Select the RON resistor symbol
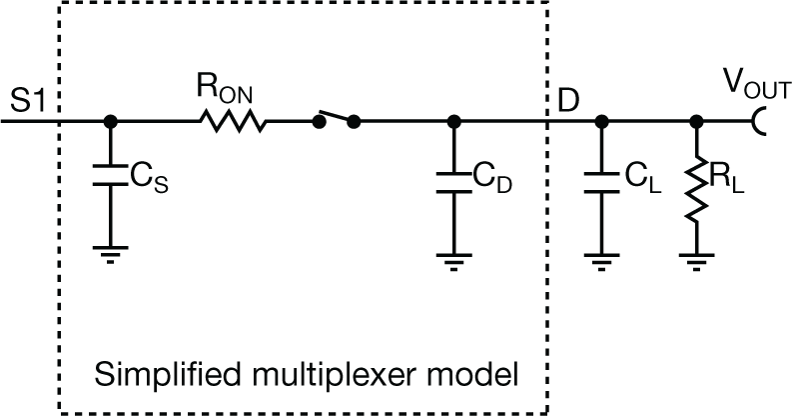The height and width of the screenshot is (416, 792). pos(233,121)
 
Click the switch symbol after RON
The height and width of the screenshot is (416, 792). pos(336,120)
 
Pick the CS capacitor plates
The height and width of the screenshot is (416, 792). pos(108,176)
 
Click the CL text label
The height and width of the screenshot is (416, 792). pos(635,177)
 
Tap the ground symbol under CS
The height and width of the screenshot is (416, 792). pos(108,254)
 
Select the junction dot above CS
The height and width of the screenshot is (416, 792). pos(108,121)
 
